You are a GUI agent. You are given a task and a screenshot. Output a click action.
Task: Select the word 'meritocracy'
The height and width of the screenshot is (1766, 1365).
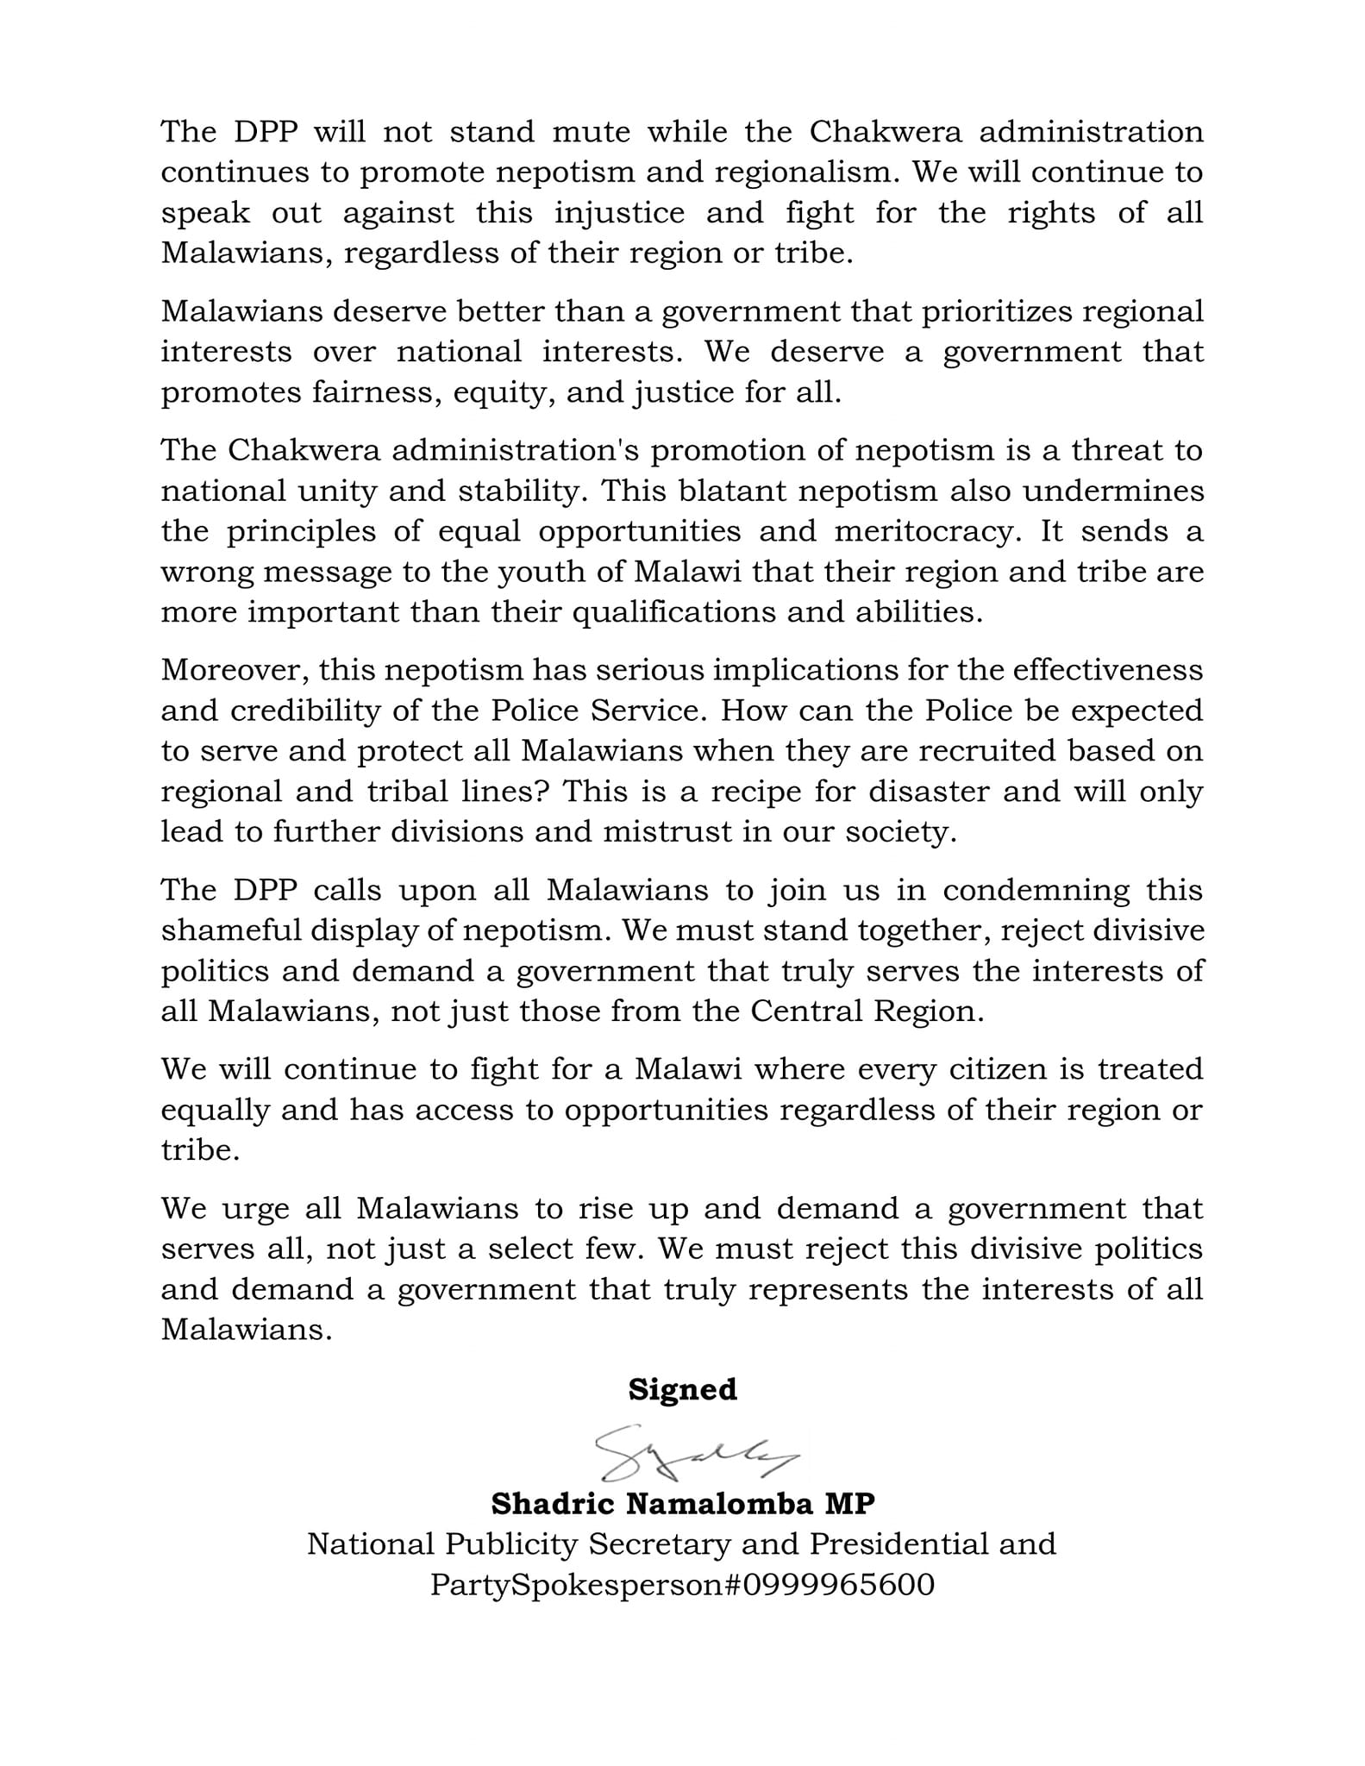tap(926, 531)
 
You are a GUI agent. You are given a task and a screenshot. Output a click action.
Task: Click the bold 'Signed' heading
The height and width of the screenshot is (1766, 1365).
tap(682, 1390)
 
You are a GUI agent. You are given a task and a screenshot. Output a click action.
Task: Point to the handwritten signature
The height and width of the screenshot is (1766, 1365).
tap(694, 1454)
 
